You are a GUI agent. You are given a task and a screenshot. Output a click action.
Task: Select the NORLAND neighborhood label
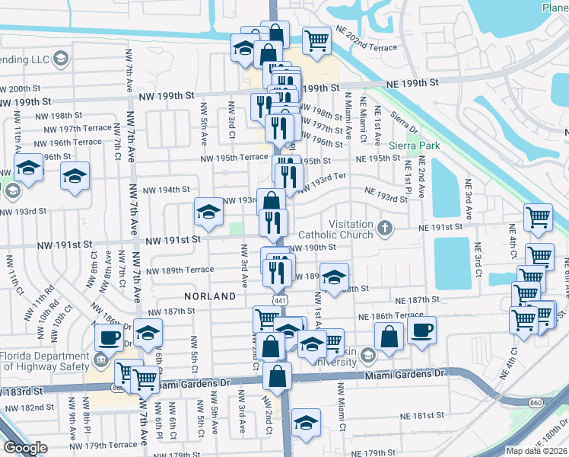pos(209,295)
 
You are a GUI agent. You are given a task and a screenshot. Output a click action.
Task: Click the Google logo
pos(25,448)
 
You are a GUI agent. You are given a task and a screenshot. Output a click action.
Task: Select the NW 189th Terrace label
pos(180,270)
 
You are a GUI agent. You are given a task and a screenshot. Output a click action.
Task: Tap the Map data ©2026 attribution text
pos(536,451)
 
